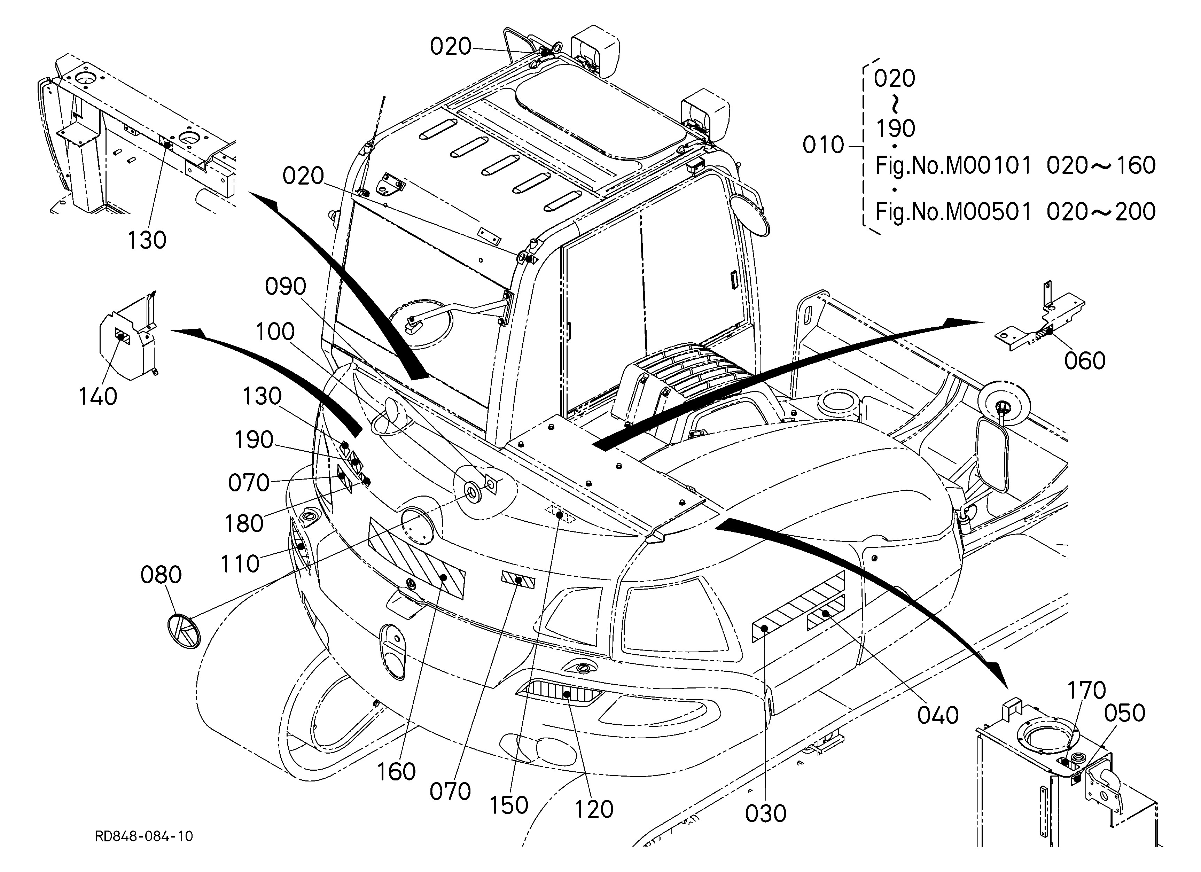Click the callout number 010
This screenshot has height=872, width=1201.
click(x=824, y=145)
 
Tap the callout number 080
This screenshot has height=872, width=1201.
click(x=161, y=575)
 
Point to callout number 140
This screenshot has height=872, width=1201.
click(x=98, y=397)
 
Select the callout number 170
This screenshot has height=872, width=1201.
click(x=1087, y=691)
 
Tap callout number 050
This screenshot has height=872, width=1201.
click(x=1125, y=714)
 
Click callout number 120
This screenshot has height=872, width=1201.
click(x=594, y=810)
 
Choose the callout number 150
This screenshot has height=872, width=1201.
click(x=509, y=805)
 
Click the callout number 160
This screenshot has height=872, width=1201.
click(x=396, y=772)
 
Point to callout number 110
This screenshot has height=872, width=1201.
click(x=240, y=565)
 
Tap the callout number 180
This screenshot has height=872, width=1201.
click(x=244, y=524)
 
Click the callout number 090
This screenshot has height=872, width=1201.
click(x=286, y=287)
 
